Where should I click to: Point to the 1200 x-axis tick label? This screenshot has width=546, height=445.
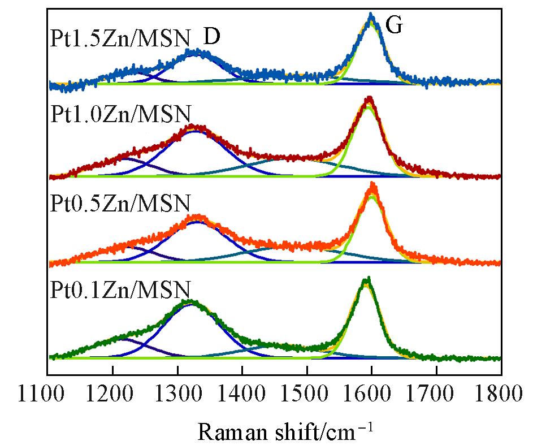pos(112,391)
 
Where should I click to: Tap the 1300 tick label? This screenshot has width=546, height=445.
pos(177,391)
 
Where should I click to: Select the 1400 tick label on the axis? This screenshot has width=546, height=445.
pos(242,391)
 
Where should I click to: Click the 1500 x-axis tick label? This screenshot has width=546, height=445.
pos(307,391)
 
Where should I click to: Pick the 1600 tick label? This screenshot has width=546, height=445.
pos(371,391)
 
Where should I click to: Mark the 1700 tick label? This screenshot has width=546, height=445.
pos(436,391)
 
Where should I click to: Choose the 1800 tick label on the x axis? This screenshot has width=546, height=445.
pos(501,391)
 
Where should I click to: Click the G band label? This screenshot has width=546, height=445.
pos(393,25)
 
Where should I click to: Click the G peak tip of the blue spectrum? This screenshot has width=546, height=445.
pos(371,14)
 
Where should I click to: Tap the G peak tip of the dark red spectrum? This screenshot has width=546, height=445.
pos(369,98)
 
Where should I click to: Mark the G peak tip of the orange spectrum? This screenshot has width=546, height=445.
pos(372,184)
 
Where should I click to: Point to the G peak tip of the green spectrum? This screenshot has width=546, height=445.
pos(366,279)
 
